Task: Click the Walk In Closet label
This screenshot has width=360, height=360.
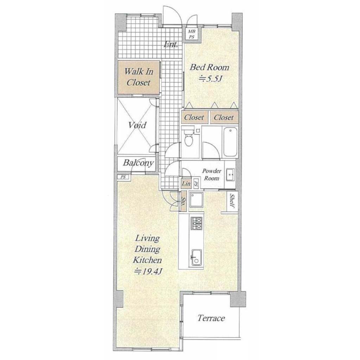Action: point(139,77)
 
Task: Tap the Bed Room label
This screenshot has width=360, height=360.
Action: point(210,67)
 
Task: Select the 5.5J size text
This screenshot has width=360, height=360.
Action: point(211,79)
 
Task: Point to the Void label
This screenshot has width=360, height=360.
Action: point(137,125)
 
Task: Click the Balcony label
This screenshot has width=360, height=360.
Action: point(138,163)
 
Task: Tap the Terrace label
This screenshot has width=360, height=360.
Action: point(211,318)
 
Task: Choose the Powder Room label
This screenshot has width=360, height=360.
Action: point(212,174)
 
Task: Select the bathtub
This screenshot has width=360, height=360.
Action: point(230,142)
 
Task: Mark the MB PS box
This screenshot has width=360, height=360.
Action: point(192,34)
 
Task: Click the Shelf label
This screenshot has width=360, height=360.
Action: point(232,201)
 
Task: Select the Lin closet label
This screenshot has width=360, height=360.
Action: point(186,184)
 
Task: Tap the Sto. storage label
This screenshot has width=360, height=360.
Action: point(184,202)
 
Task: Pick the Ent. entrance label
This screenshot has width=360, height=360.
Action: point(171,44)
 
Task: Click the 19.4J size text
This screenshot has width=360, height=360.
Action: point(148,272)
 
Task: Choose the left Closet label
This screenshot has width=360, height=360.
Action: point(194,117)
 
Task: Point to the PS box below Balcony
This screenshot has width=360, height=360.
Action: point(123,177)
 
